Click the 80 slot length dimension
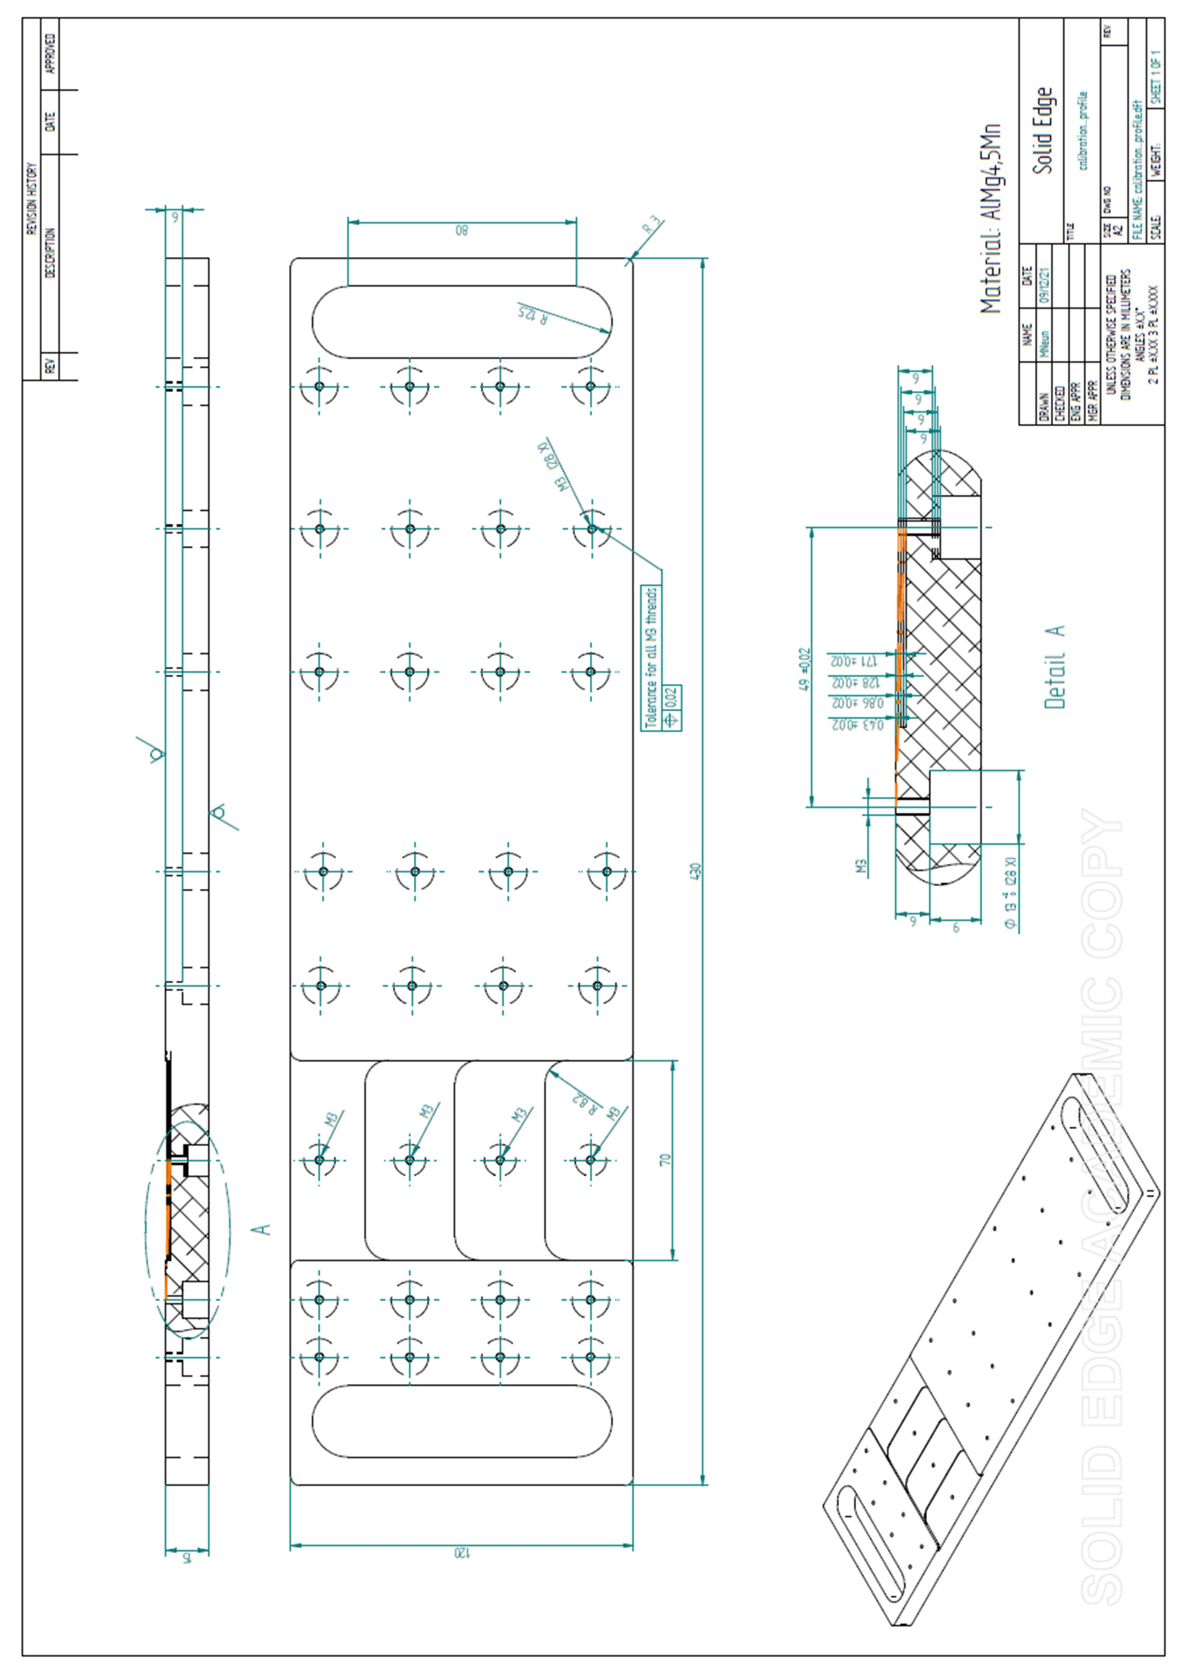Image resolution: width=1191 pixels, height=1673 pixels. [461, 230]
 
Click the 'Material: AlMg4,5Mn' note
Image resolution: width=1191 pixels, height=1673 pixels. [990, 219]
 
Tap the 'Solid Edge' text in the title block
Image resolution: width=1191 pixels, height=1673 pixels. [1042, 131]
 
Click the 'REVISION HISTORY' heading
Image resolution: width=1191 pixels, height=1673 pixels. [31, 198]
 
